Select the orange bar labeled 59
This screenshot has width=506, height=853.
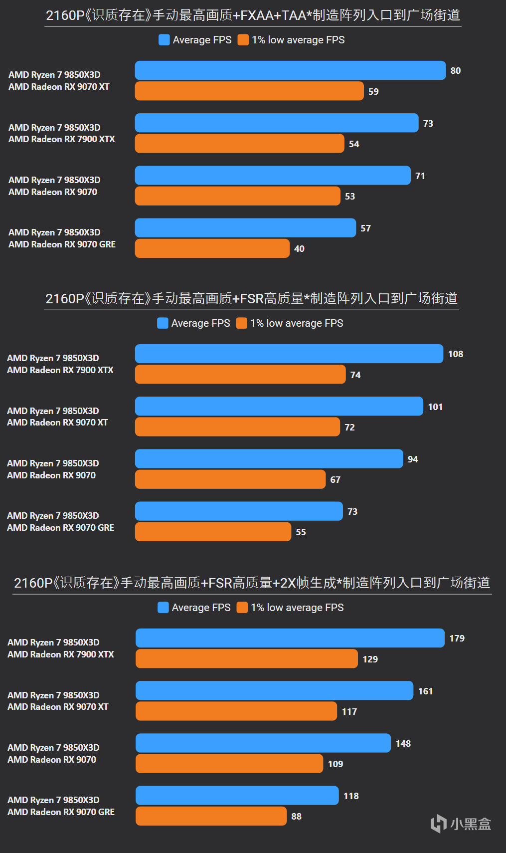pyautogui.click(x=249, y=91)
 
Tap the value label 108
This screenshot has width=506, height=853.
pyautogui.click(x=456, y=354)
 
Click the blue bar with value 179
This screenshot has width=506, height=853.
pyautogui.click(x=290, y=638)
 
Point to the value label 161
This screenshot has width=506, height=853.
pyautogui.click(x=425, y=691)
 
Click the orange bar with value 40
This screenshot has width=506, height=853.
pyautogui.click(x=212, y=248)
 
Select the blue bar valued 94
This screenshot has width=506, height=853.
pyautogui.click(x=269, y=459)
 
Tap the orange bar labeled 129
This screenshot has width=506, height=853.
pyautogui.click(x=246, y=659)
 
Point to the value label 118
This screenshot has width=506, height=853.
pyautogui.click(x=351, y=796)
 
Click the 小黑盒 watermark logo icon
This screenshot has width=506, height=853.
pyautogui.click(x=438, y=824)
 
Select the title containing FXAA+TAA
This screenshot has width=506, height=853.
pyautogui.click(x=253, y=15)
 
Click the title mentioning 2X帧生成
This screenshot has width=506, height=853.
pyautogui.click(x=252, y=583)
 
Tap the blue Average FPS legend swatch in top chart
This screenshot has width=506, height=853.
pyautogui.click(x=164, y=40)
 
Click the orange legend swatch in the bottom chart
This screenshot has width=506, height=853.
pyautogui.click(x=242, y=608)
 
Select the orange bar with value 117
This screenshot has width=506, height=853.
pyautogui.click(x=236, y=711)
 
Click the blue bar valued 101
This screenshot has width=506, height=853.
pyautogui.click(x=279, y=407)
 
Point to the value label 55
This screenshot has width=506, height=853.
pyautogui.click(x=301, y=532)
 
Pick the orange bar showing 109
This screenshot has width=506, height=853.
pyautogui.click(x=229, y=764)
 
